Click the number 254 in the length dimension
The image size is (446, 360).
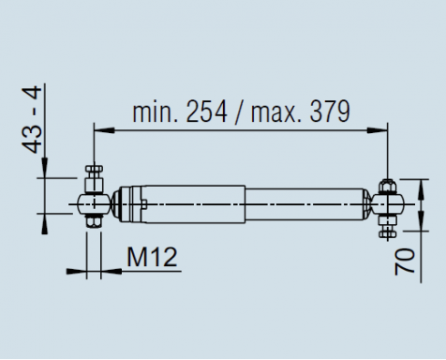[206, 112]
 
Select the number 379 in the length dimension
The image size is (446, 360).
[330, 112]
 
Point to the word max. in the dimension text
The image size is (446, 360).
[275, 112]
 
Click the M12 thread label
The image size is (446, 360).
[152, 257]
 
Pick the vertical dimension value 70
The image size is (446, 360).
[405, 262]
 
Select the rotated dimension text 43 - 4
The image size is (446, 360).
[32, 120]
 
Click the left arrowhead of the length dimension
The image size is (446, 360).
[104, 130]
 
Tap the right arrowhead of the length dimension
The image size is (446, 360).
[378, 130]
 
